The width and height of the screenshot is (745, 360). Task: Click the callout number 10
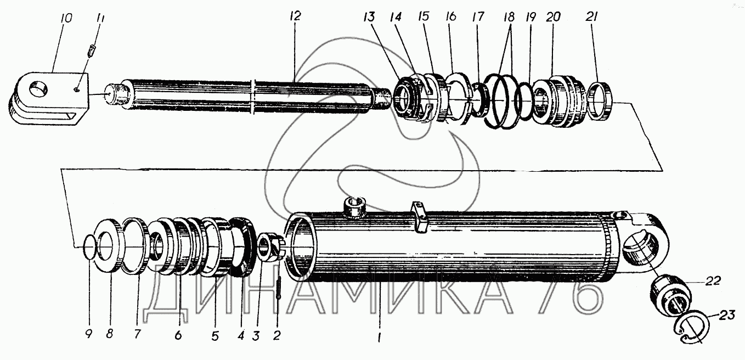(66, 18)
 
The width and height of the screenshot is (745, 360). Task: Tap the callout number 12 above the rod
(295, 16)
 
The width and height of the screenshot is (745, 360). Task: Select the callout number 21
(592, 16)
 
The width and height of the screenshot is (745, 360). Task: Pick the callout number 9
(88, 333)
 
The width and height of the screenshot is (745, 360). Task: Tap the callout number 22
(713, 282)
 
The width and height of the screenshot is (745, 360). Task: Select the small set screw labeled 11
(92, 52)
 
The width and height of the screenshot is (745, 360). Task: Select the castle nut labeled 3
(270, 248)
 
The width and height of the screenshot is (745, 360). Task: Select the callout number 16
(451, 16)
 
